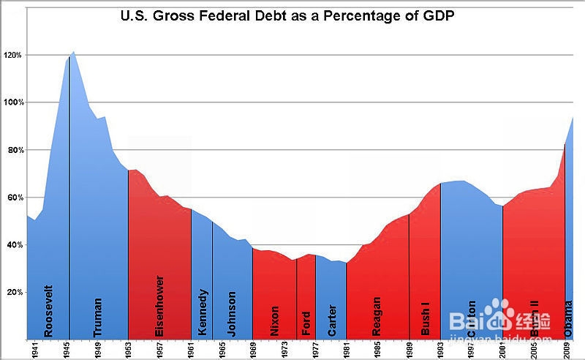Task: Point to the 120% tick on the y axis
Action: (x=12, y=56)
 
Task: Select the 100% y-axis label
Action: (x=12, y=102)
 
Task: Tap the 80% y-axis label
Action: (x=15, y=150)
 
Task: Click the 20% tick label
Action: (x=15, y=292)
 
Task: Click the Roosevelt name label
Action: (x=49, y=310)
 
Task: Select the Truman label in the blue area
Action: (x=98, y=316)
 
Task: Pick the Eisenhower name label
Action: (x=160, y=305)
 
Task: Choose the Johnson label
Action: (x=232, y=313)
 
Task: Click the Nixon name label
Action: (x=275, y=320)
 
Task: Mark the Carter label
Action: (x=333, y=320)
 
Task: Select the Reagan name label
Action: (x=377, y=315)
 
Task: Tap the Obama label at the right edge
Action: (x=569, y=318)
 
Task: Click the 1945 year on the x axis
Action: (x=67, y=349)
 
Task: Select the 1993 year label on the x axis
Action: (x=442, y=349)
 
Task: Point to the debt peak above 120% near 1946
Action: (x=74, y=53)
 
